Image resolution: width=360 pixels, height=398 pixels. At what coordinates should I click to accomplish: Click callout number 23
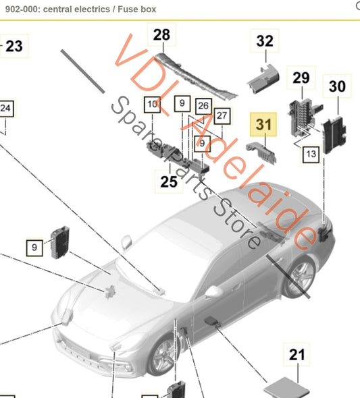tap(13, 46)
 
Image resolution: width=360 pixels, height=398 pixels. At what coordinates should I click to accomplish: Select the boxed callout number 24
tap(5, 108)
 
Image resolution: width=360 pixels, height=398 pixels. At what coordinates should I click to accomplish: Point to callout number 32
tap(265, 41)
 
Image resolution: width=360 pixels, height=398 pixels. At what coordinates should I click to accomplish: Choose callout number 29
tap(301, 78)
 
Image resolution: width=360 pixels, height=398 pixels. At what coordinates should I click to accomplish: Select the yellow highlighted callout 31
tap(263, 124)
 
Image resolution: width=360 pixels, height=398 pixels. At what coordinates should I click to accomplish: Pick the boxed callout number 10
tap(153, 105)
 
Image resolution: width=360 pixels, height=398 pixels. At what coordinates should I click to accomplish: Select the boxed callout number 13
tap(311, 154)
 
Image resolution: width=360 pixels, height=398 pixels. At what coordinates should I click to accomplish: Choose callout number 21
tap(298, 354)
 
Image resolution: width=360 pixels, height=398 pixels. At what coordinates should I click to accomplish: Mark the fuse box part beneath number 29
tap(302, 115)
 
